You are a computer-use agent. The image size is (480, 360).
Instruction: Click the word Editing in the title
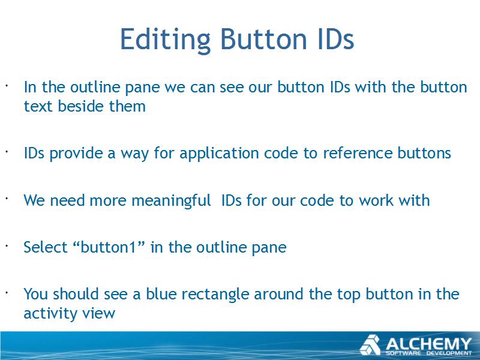[166, 40]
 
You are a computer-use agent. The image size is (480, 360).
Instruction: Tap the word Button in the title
[263, 39]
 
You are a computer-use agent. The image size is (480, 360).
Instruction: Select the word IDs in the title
[336, 39]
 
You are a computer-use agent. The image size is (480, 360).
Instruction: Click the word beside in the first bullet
[81, 106]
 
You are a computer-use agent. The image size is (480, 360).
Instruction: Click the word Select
[46, 247]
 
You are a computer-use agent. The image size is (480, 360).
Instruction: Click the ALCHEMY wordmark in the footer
[428, 344]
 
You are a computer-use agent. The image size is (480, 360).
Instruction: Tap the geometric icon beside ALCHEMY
[370, 345]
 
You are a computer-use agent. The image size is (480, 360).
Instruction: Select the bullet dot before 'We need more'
[6, 199]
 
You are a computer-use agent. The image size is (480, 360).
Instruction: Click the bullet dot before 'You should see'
[6, 292]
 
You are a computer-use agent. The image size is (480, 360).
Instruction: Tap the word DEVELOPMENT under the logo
[449, 353]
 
